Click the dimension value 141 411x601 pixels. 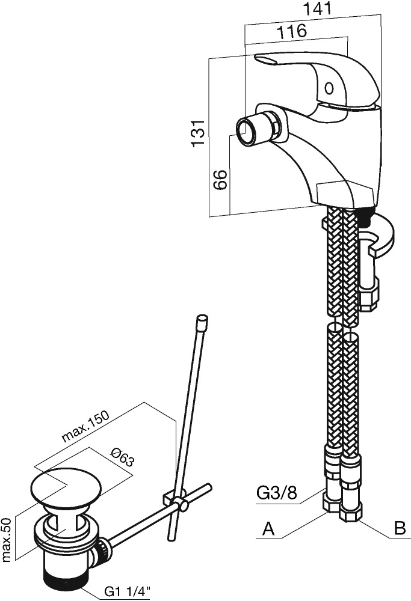[x=317, y=8]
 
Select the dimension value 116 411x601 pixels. [x=292, y=31]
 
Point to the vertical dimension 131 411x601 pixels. [x=199, y=133]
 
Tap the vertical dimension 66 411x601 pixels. [x=220, y=179]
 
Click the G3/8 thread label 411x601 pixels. [x=276, y=493]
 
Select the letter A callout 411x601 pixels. [x=268, y=529]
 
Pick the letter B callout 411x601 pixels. [x=400, y=528]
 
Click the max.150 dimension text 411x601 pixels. [x=86, y=427]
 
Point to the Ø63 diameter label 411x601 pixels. [x=122, y=457]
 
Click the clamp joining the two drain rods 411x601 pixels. [x=175, y=501]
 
